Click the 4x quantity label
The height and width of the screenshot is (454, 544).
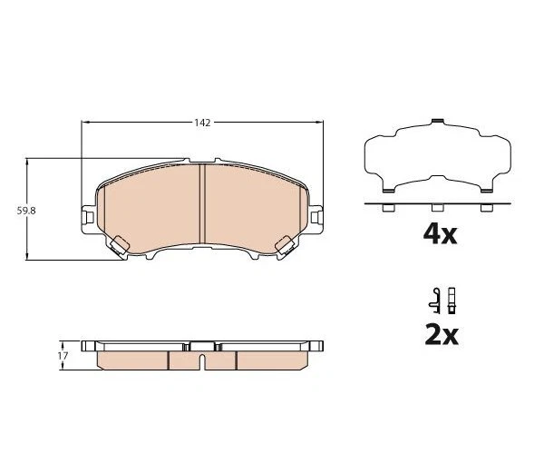[x=441, y=235]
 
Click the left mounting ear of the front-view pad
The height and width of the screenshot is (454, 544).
[x=89, y=217]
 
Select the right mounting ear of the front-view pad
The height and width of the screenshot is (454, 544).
[x=315, y=217]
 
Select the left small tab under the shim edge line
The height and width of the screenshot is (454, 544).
[x=387, y=209]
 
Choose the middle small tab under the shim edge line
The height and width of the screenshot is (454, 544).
[x=438, y=209]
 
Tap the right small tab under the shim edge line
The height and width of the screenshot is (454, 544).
[x=487, y=209]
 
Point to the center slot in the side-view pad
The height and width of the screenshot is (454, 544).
[x=201, y=360]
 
